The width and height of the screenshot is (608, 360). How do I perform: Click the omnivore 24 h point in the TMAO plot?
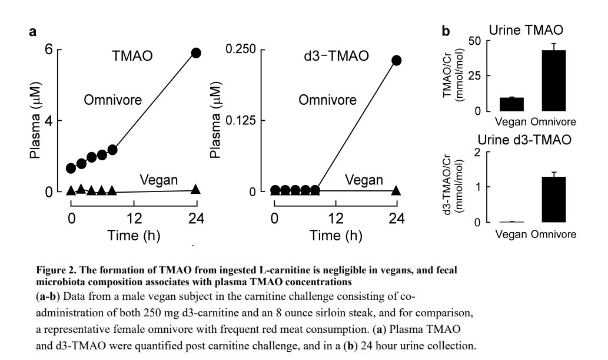pyautogui.click(x=196, y=53)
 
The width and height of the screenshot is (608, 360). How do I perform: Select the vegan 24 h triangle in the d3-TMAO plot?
pyautogui.click(x=396, y=190)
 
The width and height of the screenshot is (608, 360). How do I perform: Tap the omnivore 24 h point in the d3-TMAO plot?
pyautogui.click(x=396, y=60)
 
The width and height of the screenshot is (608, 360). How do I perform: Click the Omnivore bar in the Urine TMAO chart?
pyautogui.click(x=554, y=80)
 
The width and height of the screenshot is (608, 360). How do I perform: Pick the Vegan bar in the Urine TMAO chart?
pyautogui.click(x=511, y=104)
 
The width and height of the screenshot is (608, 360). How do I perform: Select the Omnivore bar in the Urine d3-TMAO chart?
pyautogui.click(x=554, y=200)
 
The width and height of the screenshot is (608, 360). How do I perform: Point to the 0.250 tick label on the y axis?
pyautogui.click(x=241, y=49)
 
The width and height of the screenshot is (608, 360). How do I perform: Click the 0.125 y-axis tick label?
pyautogui.click(x=241, y=120)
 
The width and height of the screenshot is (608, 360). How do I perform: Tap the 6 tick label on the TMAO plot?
pyautogui.click(x=48, y=49)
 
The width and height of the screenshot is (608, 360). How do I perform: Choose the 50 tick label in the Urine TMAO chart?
pyautogui.click(x=474, y=41)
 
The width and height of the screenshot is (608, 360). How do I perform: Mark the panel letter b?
pyautogui.click(x=446, y=31)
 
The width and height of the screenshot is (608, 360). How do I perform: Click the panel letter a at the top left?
pyautogui.click(x=32, y=31)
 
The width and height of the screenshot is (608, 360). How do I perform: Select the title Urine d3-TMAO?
pyautogui.click(x=524, y=140)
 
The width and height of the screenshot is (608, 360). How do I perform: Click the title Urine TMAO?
pyautogui.click(x=526, y=30)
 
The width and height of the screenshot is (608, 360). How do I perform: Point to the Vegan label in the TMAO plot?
pyautogui.click(x=158, y=180)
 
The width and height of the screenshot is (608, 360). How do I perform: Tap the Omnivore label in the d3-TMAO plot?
pyautogui.click(x=327, y=100)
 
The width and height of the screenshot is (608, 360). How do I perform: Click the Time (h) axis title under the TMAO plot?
pyautogui.click(x=134, y=235)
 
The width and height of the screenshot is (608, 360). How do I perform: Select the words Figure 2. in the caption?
pyautogui.click(x=55, y=270)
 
